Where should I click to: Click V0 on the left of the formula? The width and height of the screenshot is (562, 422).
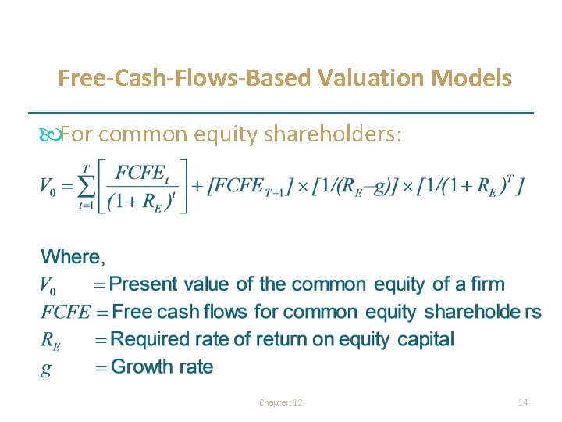click(50, 188)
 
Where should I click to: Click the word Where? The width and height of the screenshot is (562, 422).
click(73, 256)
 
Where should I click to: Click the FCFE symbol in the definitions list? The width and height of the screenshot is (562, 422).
click(65, 312)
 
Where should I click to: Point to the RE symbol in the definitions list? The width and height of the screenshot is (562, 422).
click(51, 340)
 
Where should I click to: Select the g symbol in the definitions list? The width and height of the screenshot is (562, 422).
click(46, 368)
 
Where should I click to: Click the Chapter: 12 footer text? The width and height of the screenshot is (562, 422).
click(281, 402)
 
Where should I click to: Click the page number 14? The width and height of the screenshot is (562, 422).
click(523, 402)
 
